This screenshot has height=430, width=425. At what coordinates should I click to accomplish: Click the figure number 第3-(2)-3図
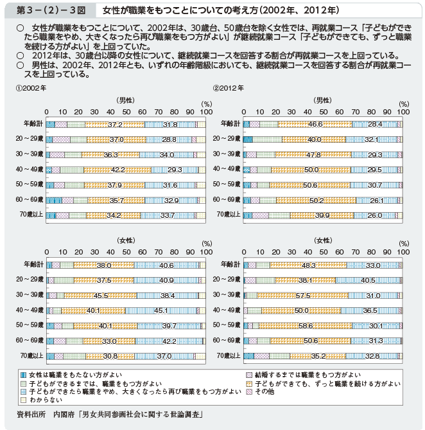pyautogui.click(x=46, y=11)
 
